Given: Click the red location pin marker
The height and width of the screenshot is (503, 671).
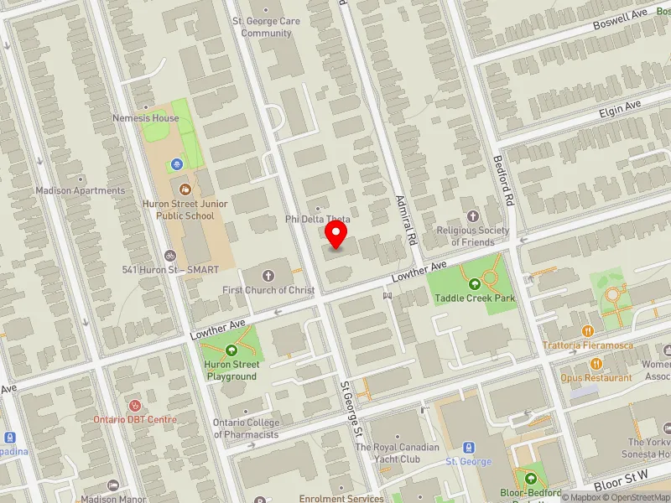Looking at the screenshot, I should (x=336, y=234).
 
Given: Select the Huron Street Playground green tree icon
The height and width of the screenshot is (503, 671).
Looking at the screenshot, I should (x=231, y=350).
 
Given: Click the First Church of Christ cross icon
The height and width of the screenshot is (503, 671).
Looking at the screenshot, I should (x=268, y=276).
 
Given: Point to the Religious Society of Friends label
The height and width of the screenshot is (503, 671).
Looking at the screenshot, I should (x=473, y=236).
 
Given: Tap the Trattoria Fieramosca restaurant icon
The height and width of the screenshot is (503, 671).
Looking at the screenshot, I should (x=587, y=331).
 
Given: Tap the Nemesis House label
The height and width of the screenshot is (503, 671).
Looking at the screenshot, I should (x=146, y=118).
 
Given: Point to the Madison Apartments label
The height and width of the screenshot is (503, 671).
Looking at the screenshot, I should (x=80, y=190).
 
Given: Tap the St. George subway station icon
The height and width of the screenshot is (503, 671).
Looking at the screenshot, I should (x=468, y=447).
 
